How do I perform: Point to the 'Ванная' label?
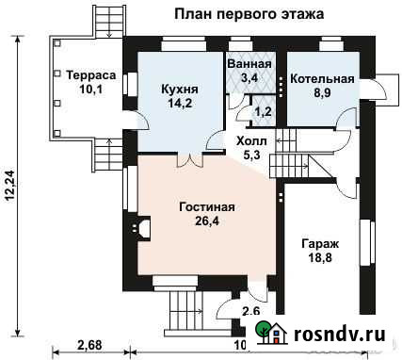click(249, 64)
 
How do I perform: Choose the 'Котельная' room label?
click(322, 79)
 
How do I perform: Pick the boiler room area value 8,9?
click(322, 94)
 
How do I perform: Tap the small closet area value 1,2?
click(264, 112)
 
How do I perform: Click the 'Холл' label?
click(253, 140)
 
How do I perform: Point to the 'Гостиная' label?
click(206, 206)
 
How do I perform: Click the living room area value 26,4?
click(206, 222)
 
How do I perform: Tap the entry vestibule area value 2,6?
click(251, 311)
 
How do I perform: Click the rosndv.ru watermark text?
click(342, 332)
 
